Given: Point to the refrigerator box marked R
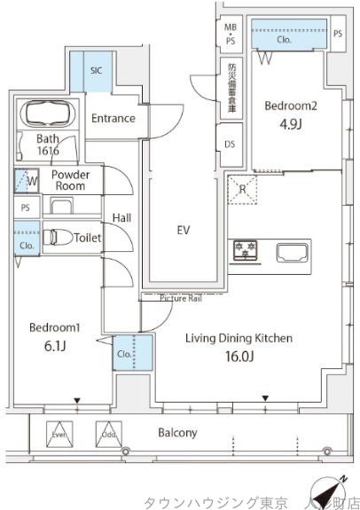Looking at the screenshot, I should point(241,188).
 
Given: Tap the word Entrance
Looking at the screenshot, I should point(113,119).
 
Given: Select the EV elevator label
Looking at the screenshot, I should point(184,231).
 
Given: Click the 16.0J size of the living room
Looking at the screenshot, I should point(239,357).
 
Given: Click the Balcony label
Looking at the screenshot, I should point(177,434).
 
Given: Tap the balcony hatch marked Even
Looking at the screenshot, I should point(59,435).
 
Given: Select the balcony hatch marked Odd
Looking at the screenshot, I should point(108,435).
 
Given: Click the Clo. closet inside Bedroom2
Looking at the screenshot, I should point(285,38).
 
